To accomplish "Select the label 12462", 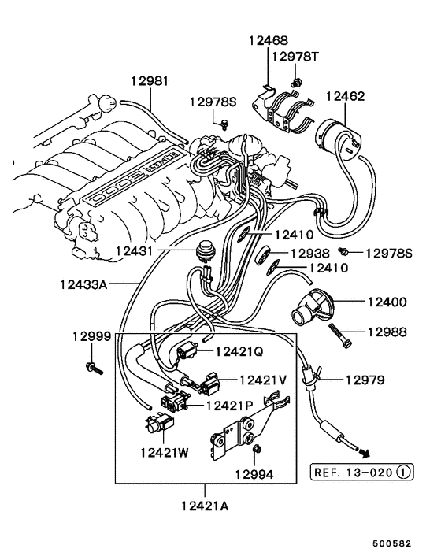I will click(x=346, y=97).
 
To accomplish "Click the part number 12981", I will click(x=149, y=81).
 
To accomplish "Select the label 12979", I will click(x=364, y=380).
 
